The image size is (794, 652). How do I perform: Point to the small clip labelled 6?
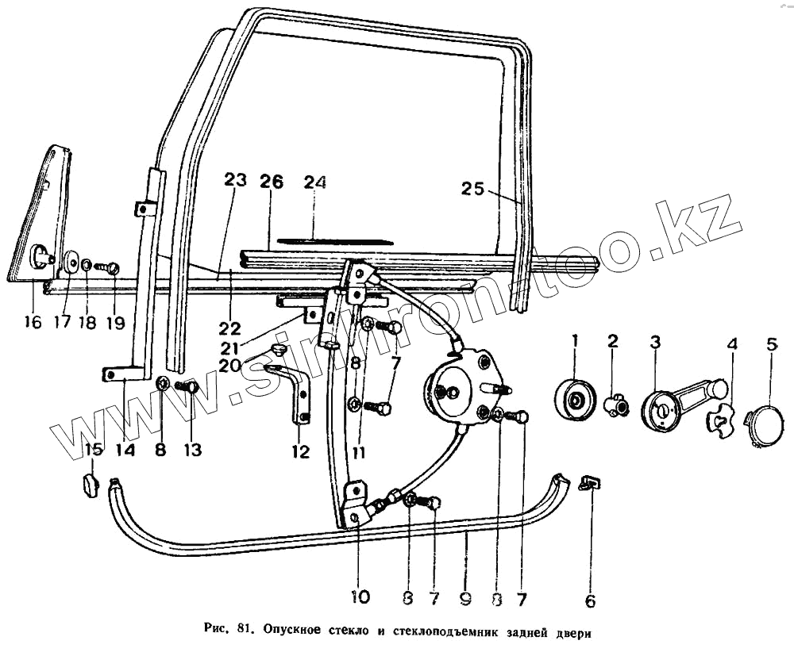click(x=590, y=483)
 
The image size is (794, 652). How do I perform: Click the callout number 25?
click(x=473, y=189)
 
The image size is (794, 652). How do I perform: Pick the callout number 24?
click(x=314, y=182)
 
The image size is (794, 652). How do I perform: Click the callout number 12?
click(x=299, y=452)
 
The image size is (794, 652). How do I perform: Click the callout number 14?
click(x=125, y=449)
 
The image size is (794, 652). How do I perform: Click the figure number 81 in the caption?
click(x=245, y=631)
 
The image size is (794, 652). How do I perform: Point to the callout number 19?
click(x=116, y=323)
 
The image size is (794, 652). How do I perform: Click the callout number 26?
click(x=271, y=181)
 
